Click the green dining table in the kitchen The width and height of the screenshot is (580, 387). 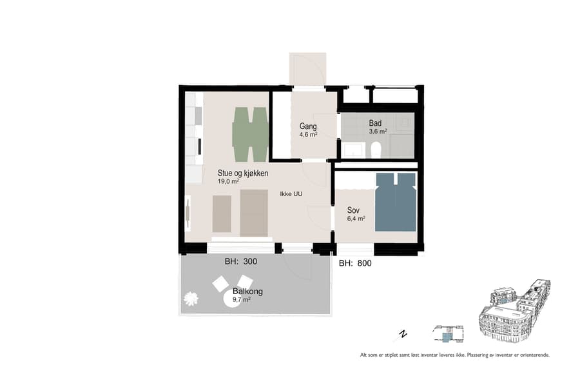(x=249, y=135)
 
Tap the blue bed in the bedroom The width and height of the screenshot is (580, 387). (x=396, y=202)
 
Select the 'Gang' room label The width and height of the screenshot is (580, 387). (x=308, y=126)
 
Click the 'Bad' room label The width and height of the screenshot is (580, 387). (x=375, y=123)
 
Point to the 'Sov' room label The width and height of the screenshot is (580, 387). (x=353, y=210)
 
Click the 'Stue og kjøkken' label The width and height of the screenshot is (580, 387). (x=243, y=174)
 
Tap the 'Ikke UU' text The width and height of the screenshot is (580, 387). (x=291, y=193)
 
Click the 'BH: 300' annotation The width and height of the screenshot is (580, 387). (x=240, y=262)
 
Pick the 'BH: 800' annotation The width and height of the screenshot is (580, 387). (x=355, y=263)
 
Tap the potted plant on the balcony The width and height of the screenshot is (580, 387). (x=191, y=299)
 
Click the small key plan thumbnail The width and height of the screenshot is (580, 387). (x=448, y=333)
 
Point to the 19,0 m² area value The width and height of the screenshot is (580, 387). (x=228, y=182)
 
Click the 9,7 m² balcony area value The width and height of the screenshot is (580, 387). (x=241, y=300)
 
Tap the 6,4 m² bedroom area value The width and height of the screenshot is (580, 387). (x=356, y=219)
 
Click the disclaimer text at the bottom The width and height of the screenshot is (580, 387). (x=454, y=355)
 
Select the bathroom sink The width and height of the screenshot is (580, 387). (x=353, y=150)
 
